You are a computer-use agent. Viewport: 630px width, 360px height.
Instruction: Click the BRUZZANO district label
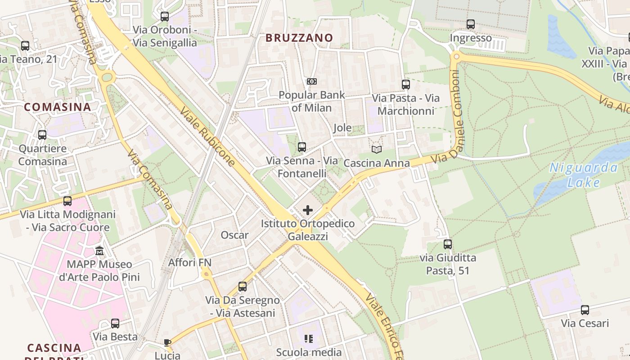[299, 38]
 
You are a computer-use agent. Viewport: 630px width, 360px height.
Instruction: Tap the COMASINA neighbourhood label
[58, 107]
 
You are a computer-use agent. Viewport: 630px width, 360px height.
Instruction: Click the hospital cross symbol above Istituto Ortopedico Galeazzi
[308, 210]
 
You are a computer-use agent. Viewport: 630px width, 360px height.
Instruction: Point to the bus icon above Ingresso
[471, 24]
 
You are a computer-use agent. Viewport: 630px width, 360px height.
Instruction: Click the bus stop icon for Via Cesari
[585, 310]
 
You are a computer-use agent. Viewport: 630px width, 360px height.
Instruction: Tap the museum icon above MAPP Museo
[99, 251]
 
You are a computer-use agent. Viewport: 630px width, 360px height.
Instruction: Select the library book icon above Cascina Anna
[377, 149]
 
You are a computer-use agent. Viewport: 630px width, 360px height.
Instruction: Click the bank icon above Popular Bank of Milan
[311, 81]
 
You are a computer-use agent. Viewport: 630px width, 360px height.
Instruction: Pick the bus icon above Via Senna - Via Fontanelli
[302, 147]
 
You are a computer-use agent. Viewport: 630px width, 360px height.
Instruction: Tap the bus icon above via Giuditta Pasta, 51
[448, 244]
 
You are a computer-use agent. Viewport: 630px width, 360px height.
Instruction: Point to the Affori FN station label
[190, 262]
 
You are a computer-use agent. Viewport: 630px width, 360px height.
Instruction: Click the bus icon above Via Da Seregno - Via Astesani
[243, 286]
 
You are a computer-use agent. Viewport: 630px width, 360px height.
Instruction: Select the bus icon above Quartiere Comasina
[42, 135]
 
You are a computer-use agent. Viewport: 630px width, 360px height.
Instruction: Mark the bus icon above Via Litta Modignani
[67, 201]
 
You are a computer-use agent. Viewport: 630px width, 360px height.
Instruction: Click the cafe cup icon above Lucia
[167, 342]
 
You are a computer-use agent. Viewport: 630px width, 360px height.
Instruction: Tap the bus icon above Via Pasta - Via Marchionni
[406, 84]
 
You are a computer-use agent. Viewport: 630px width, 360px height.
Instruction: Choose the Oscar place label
[234, 235]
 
